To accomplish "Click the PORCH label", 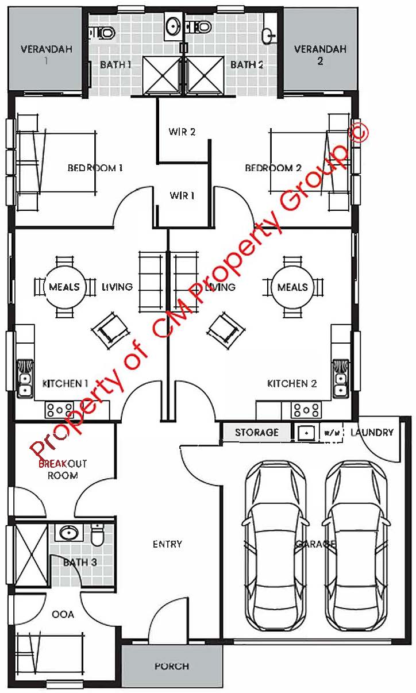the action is point(172,666).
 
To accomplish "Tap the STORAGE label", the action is point(257,432).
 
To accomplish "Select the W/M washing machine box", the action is point(332,433).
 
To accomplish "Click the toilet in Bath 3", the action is point(98,534).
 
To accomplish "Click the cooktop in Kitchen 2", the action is point(306,410).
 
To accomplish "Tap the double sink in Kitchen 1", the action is point(25,378).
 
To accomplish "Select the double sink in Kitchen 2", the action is point(341,378).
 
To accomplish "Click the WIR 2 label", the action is point(182,132).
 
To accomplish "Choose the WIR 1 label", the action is point(182,195).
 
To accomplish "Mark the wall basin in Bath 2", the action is point(268,36).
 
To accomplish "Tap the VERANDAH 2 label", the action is point(320,55).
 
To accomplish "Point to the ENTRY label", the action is point(167,544).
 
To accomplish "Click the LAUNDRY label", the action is point(372,432).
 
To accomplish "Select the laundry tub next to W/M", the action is point(306,433).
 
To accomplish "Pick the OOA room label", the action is point(63,614).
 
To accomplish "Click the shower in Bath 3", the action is point(30,554).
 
